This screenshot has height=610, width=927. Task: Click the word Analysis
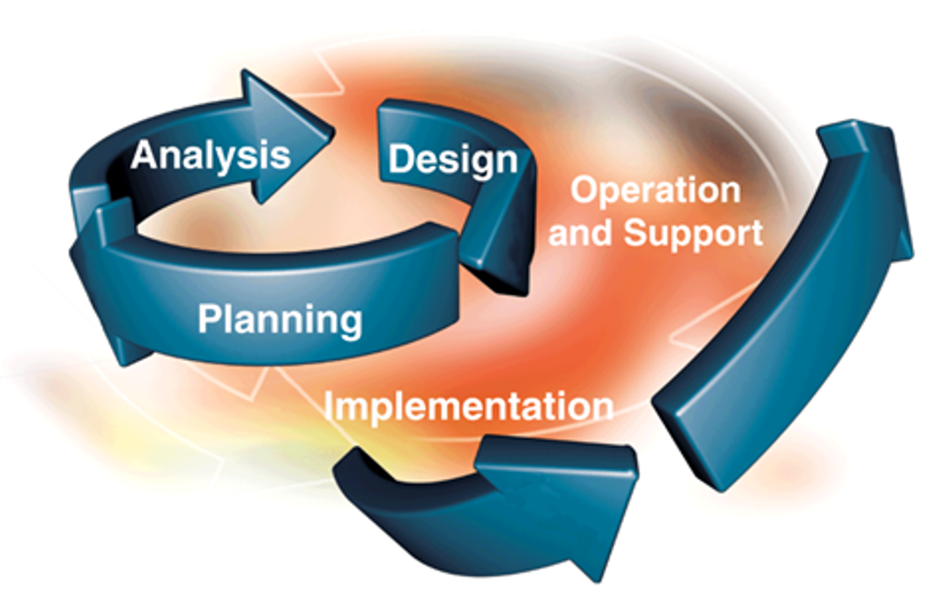[x=211, y=156]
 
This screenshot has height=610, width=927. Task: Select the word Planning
[x=280, y=319]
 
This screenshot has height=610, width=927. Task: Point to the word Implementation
[x=469, y=406]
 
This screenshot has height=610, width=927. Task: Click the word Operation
[x=655, y=190]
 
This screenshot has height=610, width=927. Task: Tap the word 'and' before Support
[x=582, y=233]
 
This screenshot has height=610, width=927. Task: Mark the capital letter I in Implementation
[x=328, y=405]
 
